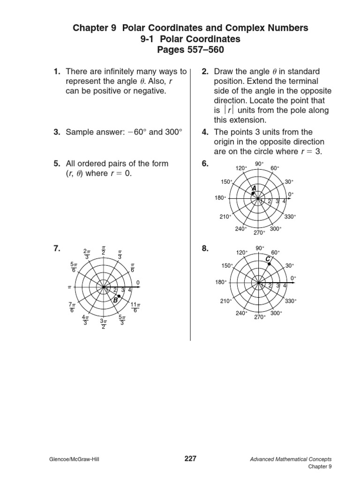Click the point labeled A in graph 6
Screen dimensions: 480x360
tap(253, 193)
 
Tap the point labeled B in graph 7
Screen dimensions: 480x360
tap(119, 297)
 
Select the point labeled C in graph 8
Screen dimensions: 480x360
tap(269, 264)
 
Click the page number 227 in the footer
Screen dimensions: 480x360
tap(190, 459)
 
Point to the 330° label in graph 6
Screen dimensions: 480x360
tap(290, 217)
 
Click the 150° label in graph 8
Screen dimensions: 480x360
tap(227, 266)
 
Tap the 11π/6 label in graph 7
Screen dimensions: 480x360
tap(135, 307)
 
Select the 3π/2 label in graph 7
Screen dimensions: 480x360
tap(104, 323)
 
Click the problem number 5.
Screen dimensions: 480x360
tap(57, 164)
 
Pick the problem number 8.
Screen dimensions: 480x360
tap(205, 249)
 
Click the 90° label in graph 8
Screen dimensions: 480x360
tap(260, 248)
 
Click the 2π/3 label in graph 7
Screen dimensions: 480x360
tap(86, 253)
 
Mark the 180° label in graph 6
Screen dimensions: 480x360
tap(220, 198)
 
